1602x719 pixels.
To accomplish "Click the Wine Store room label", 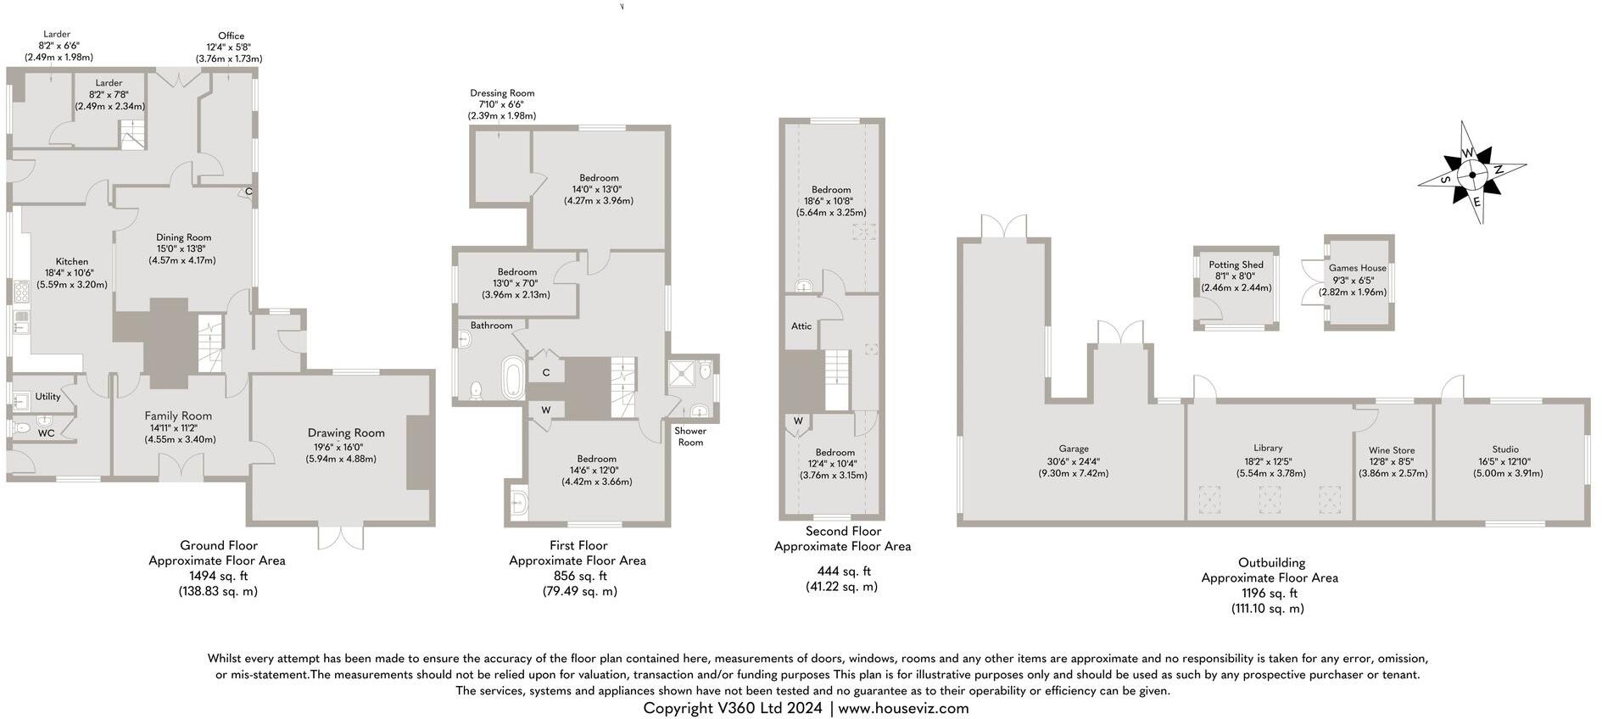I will coord(1392,450).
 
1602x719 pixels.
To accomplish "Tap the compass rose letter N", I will coord(1499,170).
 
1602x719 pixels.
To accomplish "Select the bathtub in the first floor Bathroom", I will coord(514,377).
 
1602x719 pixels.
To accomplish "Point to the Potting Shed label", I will coord(1236,265).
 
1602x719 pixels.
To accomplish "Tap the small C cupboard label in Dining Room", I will coord(248,192).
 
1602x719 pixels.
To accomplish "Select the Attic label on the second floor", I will coord(801,326).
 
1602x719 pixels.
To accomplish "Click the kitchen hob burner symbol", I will coord(20,292).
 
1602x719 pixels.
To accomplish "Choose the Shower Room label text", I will coord(690,437).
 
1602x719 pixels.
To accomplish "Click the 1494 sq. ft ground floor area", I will coord(218,576).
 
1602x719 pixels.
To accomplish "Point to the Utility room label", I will coord(47,396).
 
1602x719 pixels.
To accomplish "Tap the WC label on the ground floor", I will coord(47,432).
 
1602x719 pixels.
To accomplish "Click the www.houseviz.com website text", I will coord(903,708).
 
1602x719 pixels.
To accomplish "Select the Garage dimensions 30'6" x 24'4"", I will coord(1073,461).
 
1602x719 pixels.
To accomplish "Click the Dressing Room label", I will coord(502,93).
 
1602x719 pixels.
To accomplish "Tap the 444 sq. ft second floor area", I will coord(843,571).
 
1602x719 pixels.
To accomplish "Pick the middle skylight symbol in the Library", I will coord(1269,500).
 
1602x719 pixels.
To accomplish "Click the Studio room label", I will coord(1505,449).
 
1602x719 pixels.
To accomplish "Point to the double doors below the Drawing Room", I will coord(341,538).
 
